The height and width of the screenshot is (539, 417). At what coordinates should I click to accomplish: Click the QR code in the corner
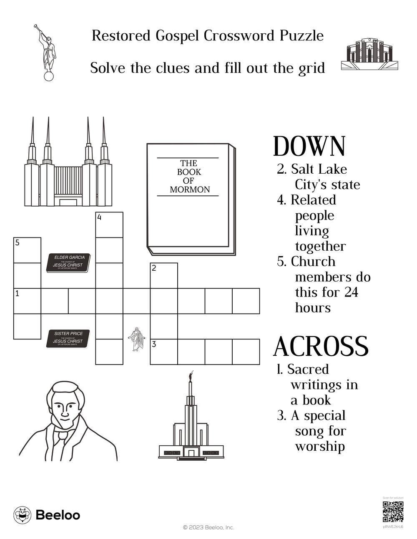pyautogui.click(x=393, y=512)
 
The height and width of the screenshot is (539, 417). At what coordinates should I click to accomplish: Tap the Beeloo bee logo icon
pyautogui.click(x=22, y=515)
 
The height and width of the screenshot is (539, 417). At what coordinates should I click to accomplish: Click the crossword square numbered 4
pyautogui.click(x=109, y=225)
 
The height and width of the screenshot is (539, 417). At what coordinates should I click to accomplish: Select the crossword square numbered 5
pyautogui.click(x=28, y=250)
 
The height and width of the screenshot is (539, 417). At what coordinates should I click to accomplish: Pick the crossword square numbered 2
pyautogui.click(x=164, y=276)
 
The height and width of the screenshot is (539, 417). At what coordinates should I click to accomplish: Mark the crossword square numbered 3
pyautogui.click(x=164, y=352)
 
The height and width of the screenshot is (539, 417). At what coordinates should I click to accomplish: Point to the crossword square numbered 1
pyautogui.click(x=28, y=301)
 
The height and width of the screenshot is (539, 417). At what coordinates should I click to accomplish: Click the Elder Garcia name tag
pyautogui.click(x=68, y=263)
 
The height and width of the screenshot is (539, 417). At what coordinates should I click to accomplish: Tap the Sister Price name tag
pyautogui.click(x=68, y=338)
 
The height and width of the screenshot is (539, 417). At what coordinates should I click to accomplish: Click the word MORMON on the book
pyautogui.click(x=190, y=190)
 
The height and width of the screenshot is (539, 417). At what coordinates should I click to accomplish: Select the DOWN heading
pyautogui.click(x=309, y=147)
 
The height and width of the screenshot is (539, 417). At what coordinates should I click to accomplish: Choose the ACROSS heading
pyautogui.click(x=321, y=347)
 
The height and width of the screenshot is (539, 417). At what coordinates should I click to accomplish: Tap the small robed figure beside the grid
pyautogui.click(x=136, y=339)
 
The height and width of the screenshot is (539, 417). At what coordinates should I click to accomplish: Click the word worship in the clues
pyautogui.click(x=320, y=447)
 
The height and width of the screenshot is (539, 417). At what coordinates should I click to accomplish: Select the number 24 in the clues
pyautogui.click(x=351, y=292)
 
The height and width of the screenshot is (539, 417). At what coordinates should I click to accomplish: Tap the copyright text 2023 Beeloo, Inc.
pyautogui.click(x=208, y=527)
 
